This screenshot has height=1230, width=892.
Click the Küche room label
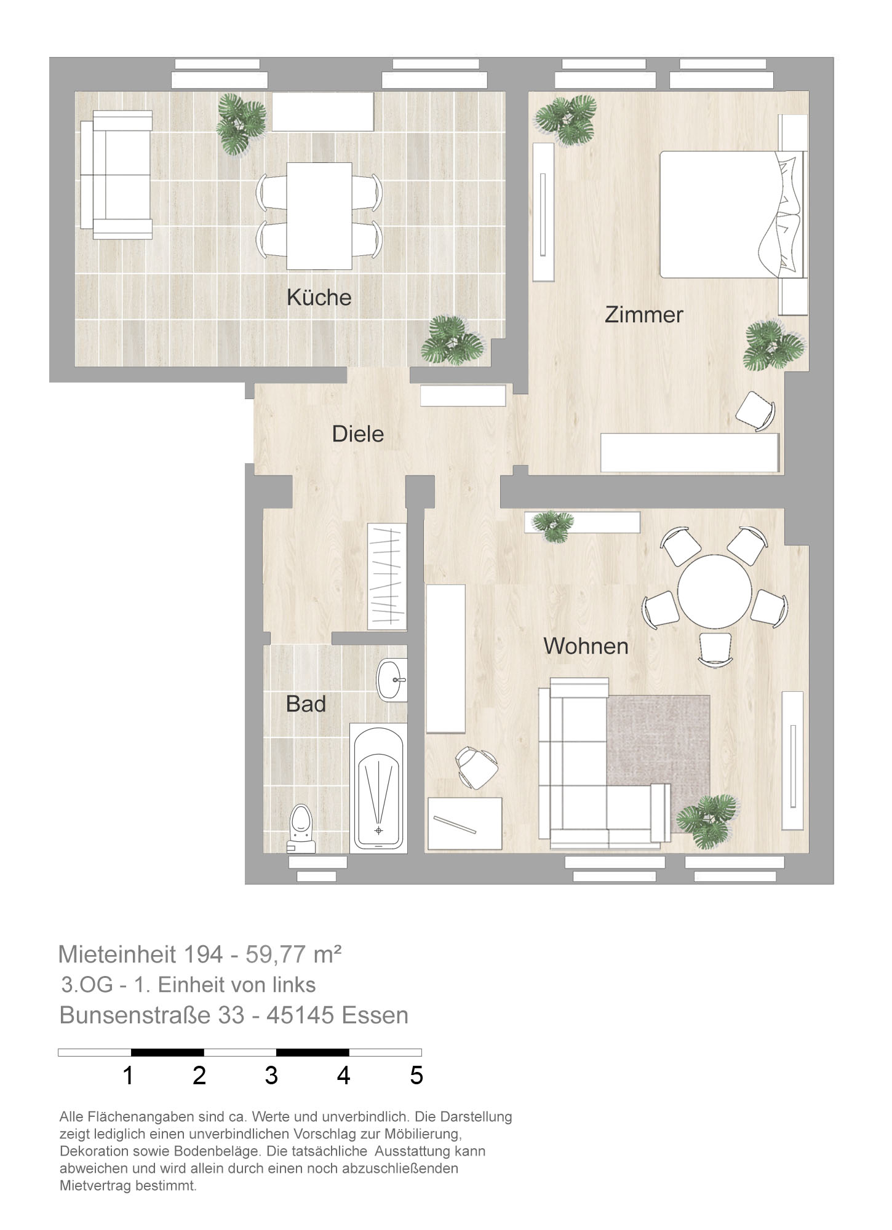(x=319, y=298)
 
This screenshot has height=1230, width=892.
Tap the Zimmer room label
(x=644, y=315)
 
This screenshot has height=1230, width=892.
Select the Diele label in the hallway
(x=358, y=434)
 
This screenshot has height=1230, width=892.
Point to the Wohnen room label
(x=586, y=646)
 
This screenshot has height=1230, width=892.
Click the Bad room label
(x=306, y=704)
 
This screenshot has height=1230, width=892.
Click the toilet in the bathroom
(x=301, y=828)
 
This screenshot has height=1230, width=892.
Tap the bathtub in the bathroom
(x=378, y=788)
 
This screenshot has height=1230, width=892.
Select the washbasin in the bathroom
(x=392, y=680)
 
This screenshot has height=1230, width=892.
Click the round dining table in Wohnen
(x=714, y=592)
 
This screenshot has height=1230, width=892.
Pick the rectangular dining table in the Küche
(x=319, y=216)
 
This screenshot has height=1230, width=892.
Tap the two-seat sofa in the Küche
(x=116, y=175)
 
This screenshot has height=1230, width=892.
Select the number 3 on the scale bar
(x=271, y=1076)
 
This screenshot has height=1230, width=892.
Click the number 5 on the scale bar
(x=416, y=1076)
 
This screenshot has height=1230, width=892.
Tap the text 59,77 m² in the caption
(x=293, y=954)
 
